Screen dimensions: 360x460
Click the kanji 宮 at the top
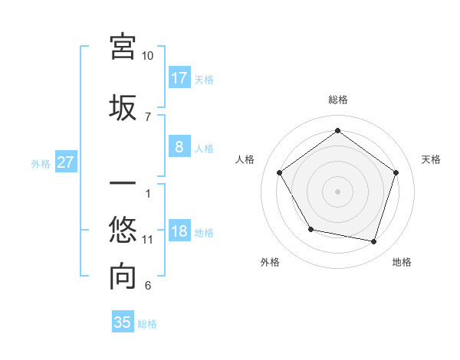(123, 46)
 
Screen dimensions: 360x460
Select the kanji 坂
(123, 107)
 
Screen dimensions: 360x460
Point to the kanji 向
(123, 277)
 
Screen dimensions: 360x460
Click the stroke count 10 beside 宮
(148, 56)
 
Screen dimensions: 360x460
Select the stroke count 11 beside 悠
(148, 240)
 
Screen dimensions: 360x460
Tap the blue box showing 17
(179, 77)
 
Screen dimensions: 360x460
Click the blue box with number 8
(179, 147)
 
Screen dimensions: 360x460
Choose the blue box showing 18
(179, 231)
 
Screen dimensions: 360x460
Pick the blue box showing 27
(65, 162)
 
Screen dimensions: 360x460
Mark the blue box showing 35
(123, 322)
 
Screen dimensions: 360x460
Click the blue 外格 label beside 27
(41, 163)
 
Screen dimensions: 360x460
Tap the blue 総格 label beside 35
(147, 324)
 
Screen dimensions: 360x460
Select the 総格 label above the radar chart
(337, 100)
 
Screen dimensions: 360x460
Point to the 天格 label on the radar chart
(431, 159)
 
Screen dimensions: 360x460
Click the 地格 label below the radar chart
(402, 262)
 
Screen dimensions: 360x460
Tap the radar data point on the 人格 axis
(280, 173)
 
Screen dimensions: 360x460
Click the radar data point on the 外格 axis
(310, 229)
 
